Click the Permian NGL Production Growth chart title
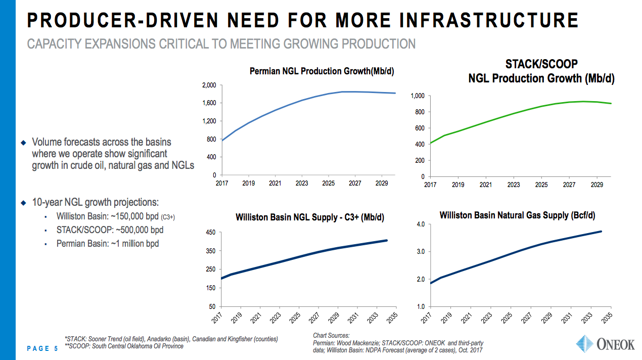coord(322,71)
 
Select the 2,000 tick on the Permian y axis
coord(209,85)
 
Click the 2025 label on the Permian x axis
coord(329,184)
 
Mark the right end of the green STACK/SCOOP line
coord(611,104)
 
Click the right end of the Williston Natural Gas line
coord(601,232)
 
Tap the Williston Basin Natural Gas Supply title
coord(517,215)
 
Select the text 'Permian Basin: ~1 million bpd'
coord(108,244)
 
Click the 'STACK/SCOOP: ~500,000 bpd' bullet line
coord(110,230)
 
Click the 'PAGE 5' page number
coord(42,348)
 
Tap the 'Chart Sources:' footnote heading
coord(331,335)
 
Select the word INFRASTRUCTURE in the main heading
coord(489,20)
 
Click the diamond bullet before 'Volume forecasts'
coord(23,142)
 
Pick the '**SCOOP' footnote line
coord(124,346)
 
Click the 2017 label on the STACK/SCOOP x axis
coord(430,185)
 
